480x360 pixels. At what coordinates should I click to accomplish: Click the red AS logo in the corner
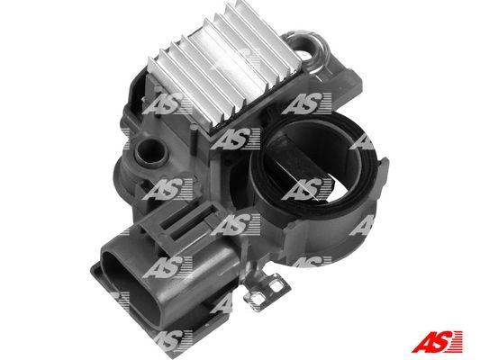437,342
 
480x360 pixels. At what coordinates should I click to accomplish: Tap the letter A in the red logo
422,342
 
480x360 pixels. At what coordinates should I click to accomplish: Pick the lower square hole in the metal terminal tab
258,299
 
